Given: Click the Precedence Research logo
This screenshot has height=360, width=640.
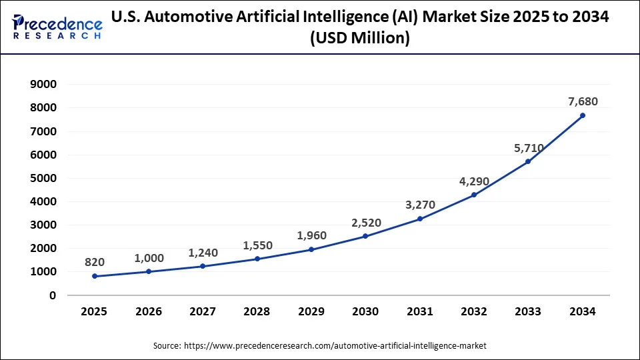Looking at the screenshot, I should click(x=57, y=27).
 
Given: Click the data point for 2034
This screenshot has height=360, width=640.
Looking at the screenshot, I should click(x=582, y=115).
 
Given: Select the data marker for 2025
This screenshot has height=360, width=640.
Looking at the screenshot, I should click(x=95, y=276).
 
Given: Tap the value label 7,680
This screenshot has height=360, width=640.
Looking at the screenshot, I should click(x=582, y=101).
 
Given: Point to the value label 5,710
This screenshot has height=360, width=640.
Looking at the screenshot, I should click(x=528, y=147).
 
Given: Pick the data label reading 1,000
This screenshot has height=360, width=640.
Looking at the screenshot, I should click(x=149, y=257).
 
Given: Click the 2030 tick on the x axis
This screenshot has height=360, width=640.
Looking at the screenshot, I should click(x=365, y=311).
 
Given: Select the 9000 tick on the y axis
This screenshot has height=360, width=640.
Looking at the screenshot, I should click(x=44, y=85).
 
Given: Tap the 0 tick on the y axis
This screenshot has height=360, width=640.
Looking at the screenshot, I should click(x=53, y=295).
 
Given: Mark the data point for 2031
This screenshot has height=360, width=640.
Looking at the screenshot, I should click(x=419, y=219).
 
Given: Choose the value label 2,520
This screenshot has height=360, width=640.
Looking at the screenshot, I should click(x=365, y=222).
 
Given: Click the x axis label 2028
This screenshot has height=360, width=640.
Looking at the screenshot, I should click(x=257, y=311).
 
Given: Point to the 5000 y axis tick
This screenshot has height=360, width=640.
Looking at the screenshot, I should click(x=44, y=178).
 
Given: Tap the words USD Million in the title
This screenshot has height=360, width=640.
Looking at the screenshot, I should click(x=360, y=39).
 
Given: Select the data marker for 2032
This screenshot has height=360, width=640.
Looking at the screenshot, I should click(x=474, y=195).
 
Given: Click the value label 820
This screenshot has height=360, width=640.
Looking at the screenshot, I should click(x=95, y=262).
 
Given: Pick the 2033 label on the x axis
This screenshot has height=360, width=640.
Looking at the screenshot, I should click(x=528, y=311).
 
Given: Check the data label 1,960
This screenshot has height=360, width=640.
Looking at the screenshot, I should click(x=311, y=235).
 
